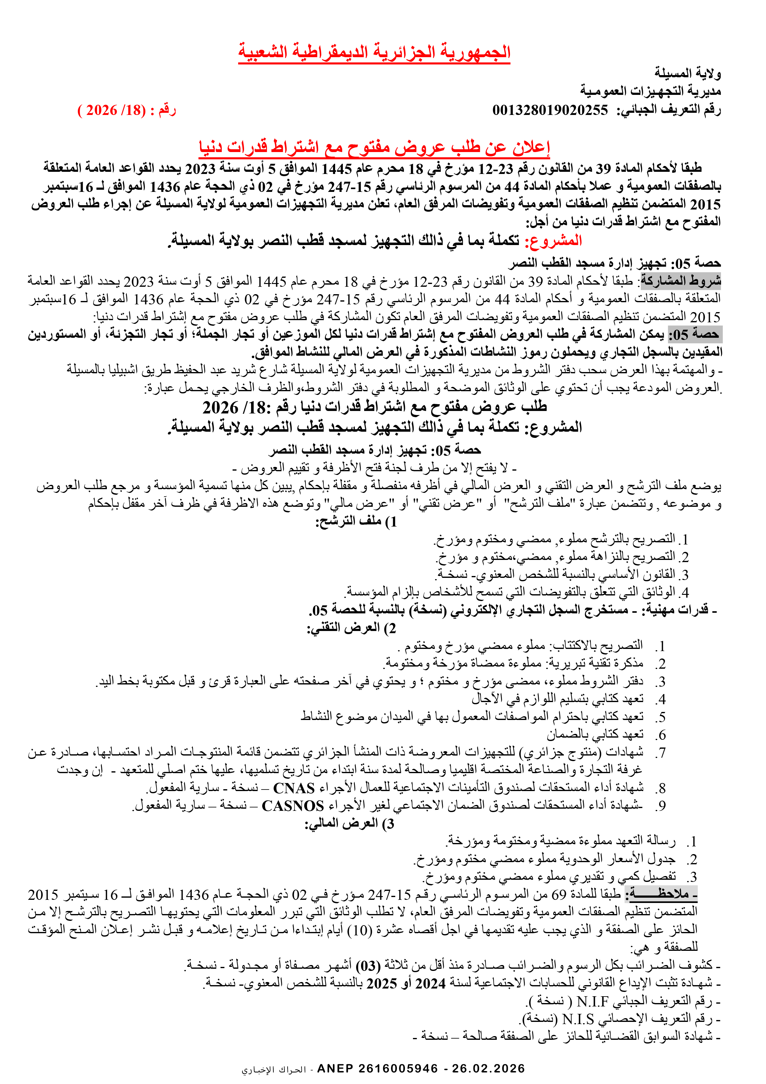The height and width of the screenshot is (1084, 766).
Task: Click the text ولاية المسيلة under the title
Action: coord(687,73)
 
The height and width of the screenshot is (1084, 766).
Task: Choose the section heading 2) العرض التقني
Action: coord(351,629)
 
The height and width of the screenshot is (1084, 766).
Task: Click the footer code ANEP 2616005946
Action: coord(377,1069)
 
